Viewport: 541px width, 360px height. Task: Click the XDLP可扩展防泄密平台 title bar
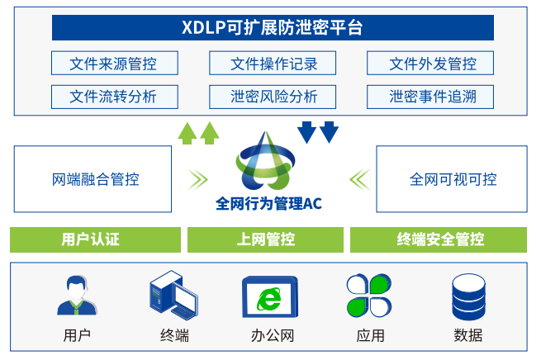coord(273,27)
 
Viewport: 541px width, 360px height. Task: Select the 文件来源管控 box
coord(113,64)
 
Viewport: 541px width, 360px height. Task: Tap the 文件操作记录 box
coord(273,64)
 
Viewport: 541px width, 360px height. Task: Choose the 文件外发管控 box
coord(432,64)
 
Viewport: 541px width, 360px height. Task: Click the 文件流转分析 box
coord(113,96)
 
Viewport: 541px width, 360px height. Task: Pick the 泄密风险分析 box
coord(273,96)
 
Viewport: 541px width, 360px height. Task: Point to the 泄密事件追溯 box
coord(432,96)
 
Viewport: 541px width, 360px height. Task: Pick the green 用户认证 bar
coord(95,239)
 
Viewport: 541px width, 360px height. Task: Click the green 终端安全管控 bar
coord(440,239)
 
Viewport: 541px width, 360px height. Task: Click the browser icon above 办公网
coord(270,297)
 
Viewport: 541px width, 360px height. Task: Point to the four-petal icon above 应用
coord(368,296)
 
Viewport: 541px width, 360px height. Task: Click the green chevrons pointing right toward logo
coord(197,178)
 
